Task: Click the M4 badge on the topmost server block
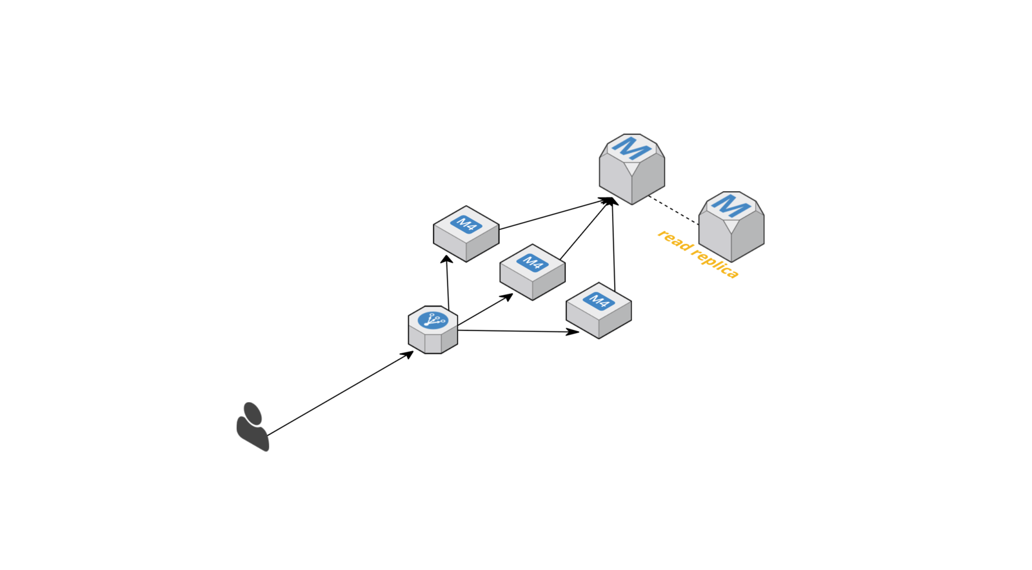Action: [466, 224]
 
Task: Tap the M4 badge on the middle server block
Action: [532, 262]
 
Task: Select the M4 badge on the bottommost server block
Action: [599, 301]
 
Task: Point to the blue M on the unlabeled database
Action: [631, 148]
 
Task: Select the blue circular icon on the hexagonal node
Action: [432, 320]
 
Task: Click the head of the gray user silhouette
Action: [251, 411]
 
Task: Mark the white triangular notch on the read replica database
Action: [731, 225]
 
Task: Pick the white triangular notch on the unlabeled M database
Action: [631, 168]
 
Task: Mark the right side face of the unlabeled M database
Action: [648, 182]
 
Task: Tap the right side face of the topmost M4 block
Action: [482, 247]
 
